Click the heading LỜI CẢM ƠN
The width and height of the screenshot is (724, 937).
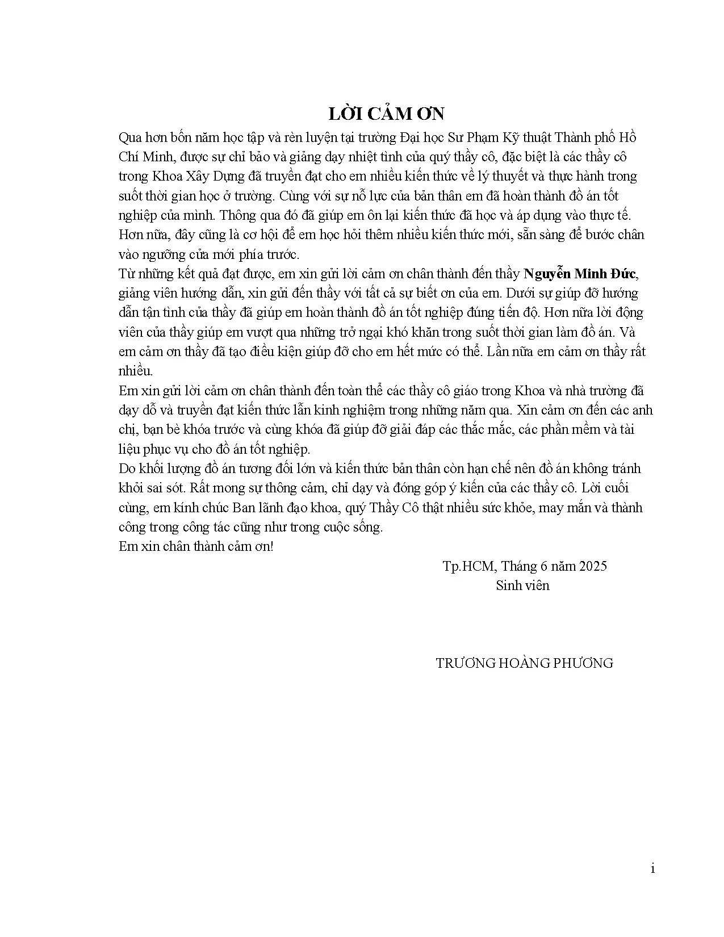point(386,114)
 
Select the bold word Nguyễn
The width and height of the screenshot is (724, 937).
point(547,274)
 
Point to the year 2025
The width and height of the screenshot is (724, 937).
point(592,566)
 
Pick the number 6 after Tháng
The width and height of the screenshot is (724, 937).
point(541,566)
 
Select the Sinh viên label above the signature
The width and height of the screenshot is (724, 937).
point(522,585)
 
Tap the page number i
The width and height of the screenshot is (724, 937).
point(653,869)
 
